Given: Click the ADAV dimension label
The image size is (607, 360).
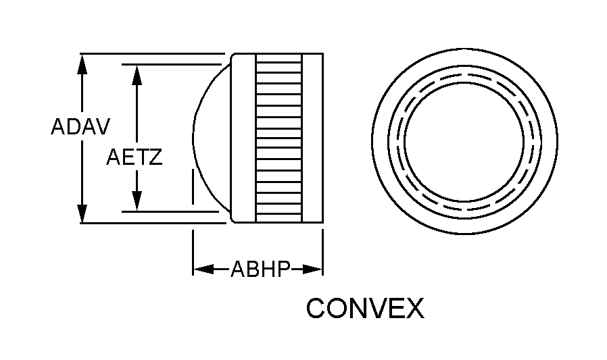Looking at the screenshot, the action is pos(80,126).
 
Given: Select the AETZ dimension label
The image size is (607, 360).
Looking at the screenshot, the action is pos(135,157).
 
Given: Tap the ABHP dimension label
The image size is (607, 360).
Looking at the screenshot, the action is pos(260,269).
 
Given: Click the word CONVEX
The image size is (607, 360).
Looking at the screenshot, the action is pos(365,308).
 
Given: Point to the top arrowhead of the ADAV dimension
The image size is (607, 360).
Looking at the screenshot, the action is pos(82,63).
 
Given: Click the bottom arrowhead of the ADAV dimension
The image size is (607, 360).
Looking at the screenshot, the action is pos(82,213).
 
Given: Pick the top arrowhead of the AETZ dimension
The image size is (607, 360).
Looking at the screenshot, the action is pos(137,74).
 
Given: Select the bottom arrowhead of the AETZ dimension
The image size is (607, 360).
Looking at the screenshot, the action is pos(137,201).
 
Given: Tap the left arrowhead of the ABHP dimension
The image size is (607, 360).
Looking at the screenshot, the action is pos(203,269).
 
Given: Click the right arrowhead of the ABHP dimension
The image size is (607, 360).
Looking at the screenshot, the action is pos(312,269).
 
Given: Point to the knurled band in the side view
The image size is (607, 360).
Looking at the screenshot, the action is pos(278,138).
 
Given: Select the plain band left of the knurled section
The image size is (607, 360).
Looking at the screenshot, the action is pos(243,138).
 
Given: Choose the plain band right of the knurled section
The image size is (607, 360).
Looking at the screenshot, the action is pos(312,138).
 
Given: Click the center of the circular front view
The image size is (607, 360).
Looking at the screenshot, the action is pos(464,142).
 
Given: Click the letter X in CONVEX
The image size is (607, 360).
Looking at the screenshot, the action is pos(414,308).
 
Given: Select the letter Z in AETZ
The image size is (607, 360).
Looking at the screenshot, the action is pos(155,157).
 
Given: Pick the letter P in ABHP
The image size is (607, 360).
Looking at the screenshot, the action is pos(283,269).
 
